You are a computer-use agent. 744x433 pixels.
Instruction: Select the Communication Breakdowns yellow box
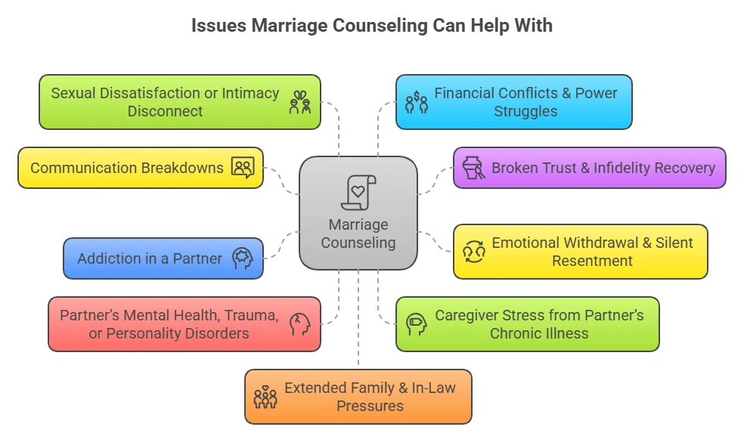[x=141, y=168]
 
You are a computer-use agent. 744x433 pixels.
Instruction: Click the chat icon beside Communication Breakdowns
[x=243, y=168]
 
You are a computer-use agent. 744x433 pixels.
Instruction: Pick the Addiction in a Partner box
[x=163, y=258]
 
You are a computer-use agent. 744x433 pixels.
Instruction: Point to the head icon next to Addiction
[x=242, y=258]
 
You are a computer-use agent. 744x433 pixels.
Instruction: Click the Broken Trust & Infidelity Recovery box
[x=589, y=168]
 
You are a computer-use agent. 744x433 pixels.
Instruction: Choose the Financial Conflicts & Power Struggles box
[x=513, y=102]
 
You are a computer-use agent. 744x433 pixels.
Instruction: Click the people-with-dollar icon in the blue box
[x=416, y=103]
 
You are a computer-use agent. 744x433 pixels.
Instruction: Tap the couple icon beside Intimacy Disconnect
[x=300, y=103]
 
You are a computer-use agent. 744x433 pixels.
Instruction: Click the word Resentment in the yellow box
[x=592, y=261]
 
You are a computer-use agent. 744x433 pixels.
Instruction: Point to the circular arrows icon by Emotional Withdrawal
[x=473, y=252]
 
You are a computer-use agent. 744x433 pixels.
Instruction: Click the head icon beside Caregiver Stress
[x=417, y=324]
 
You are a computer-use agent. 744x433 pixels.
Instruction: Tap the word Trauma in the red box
[x=251, y=316]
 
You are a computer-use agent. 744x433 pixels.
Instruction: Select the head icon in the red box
[x=300, y=324]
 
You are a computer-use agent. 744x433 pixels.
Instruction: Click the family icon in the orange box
[x=265, y=397]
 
